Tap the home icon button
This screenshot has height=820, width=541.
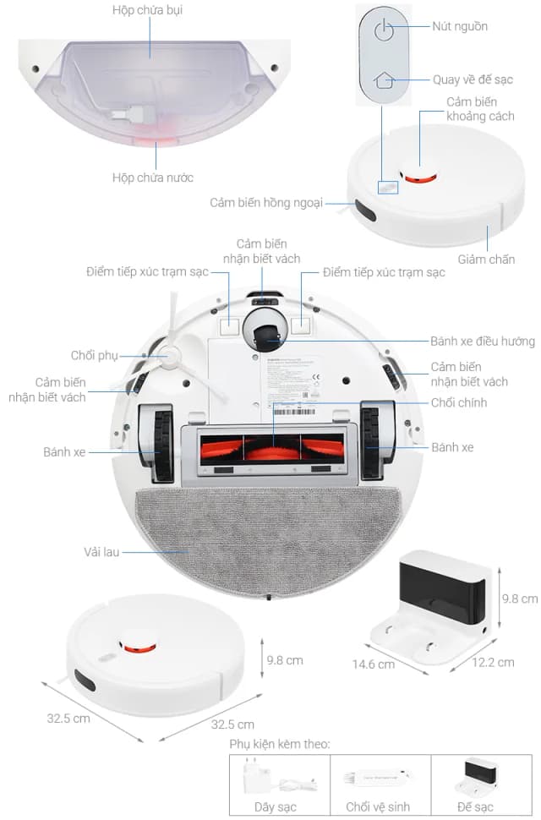tap(384, 80)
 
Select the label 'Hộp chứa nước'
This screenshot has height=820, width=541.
tap(153, 178)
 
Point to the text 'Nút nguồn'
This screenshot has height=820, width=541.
tap(459, 26)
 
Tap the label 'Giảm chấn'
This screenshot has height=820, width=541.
tap(486, 259)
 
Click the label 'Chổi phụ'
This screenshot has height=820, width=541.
tap(95, 355)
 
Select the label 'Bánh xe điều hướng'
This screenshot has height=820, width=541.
tap(483, 342)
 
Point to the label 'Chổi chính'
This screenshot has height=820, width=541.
tap(459, 402)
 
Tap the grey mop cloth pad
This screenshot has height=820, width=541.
tap(266, 537)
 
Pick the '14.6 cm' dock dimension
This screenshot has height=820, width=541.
tap(374, 664)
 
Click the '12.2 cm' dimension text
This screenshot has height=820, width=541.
tap(494, 662)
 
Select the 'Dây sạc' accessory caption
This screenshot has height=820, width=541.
tap(276, 807)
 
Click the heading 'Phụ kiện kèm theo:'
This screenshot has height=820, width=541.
tap(279, 744)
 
